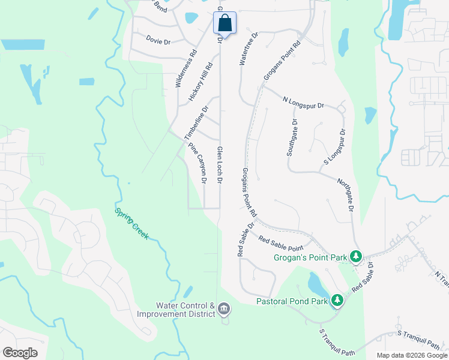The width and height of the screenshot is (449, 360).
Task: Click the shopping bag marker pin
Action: [224, 23]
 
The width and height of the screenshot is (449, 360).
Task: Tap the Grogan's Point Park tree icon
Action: [356, 257]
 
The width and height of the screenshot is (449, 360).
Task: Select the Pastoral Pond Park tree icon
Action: [337, 299]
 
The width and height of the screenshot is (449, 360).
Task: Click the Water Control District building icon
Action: [224, 309]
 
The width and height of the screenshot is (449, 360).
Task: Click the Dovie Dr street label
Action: [158, 41]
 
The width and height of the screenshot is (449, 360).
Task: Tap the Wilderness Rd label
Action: [186, 69]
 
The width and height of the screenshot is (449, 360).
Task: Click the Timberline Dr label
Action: [197, 122]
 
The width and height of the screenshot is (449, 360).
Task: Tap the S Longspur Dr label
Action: [335, 146]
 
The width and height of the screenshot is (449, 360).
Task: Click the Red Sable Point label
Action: [280, 243]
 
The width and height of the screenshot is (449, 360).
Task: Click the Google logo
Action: [20, 353]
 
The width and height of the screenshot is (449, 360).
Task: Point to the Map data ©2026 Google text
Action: [412, 355]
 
